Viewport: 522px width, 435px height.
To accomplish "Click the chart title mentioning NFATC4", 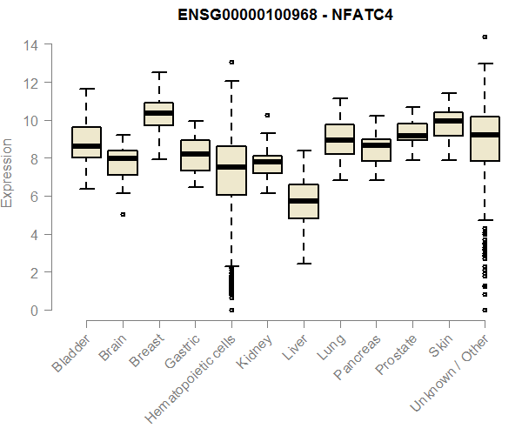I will (x=274, y=16).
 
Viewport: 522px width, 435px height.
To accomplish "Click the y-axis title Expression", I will (x=8, y=172).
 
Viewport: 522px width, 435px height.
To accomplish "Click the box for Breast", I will (x=158, y=114).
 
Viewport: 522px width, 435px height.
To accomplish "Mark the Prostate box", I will (x=412, y=131).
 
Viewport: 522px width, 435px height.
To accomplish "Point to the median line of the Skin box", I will (x=449, y=121).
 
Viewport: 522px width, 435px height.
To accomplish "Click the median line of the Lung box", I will (x=339, y=140).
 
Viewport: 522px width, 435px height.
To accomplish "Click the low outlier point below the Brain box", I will (x=123, y=214).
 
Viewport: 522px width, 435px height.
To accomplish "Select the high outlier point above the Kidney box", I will (x=267, y=115).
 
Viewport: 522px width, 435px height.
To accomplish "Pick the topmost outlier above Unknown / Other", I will (x=485, y=37).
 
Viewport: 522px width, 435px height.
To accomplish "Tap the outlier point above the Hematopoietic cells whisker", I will (x=231, y=62).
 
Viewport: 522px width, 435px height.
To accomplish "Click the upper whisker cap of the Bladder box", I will (x=86, y=89).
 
